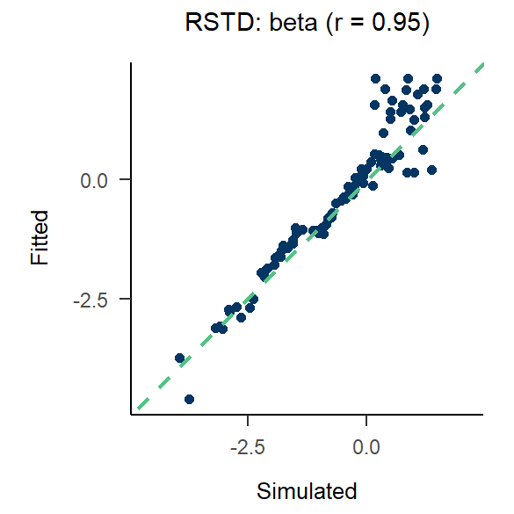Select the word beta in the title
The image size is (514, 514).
click(276, 24)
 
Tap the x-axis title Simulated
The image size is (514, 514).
click(308, 490)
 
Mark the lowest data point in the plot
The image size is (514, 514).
click(189, 399)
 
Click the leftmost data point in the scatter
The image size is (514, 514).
click(179, 358)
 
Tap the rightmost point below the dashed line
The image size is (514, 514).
click(431, 170)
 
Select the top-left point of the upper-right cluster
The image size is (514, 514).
click(375, 78)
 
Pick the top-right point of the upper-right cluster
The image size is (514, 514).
click(437, 78)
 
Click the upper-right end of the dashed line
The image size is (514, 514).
click(483, 62)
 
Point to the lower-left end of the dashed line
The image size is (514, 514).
click(137, 409)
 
